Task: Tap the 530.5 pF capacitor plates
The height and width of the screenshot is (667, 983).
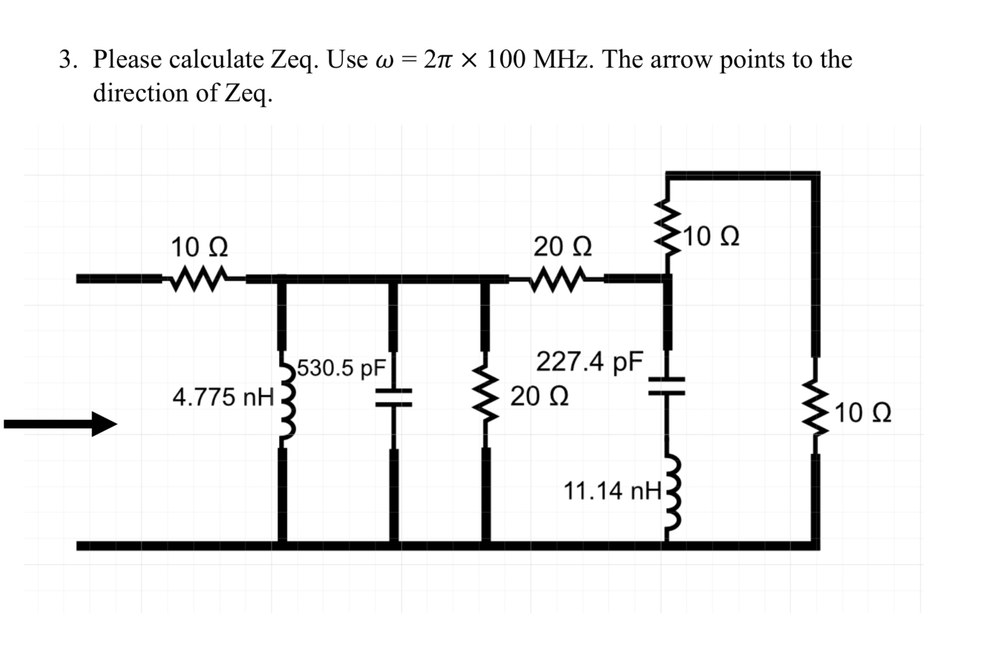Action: [x=394, y=398]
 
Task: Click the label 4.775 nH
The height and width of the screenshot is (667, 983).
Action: [x=223, y=397]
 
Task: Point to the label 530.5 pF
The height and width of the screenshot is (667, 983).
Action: [x=341, y=368]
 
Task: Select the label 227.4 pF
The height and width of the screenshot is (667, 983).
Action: [x=589, y=362]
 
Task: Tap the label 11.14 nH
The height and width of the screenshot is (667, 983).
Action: [x=612, y=491]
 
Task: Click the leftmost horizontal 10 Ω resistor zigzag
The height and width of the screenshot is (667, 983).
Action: [x=195, y=278]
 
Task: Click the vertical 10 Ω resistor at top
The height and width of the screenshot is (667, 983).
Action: [x=667, y=229]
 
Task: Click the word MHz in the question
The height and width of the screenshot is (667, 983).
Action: [x=563, y=59]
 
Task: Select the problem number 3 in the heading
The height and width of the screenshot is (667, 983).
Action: [x=65, y=59]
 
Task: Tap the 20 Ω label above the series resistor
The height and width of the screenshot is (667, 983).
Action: [x=562, y=247]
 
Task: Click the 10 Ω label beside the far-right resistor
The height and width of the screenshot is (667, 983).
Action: [x=863, y=413]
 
